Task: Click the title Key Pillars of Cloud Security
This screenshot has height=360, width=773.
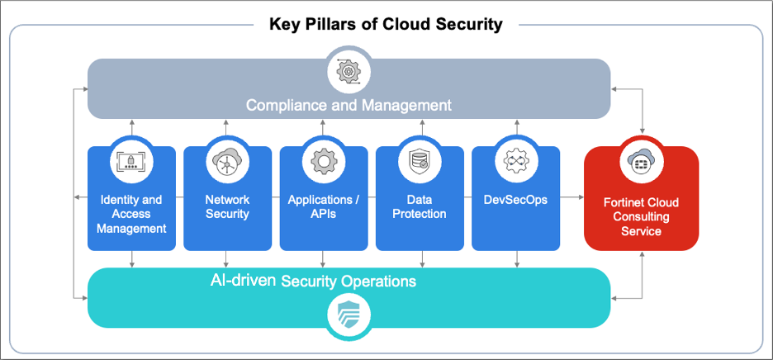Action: tap(386, 24)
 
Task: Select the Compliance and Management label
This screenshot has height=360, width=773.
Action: tap(349, 105)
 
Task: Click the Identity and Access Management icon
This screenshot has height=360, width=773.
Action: tap(131, 161)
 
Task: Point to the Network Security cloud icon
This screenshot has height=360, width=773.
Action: tap(227, 161)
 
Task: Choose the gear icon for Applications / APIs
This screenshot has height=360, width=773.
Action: tap(323, 161)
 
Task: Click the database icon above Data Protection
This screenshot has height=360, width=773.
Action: tap(419, 161)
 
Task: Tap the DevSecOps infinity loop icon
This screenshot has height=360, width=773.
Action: tap(515, 161)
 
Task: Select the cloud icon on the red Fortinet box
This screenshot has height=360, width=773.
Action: tap(641, 161)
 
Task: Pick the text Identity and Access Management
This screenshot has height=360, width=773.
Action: tap(131, 214)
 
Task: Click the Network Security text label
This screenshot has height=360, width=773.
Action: tap(227, 206)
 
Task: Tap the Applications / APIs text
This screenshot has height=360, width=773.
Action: tap(323, 206)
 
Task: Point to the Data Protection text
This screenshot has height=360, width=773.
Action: tap(419, 206)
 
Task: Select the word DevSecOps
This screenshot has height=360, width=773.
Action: tap(515, 200)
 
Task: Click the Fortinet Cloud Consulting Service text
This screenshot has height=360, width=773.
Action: tap(641, 217)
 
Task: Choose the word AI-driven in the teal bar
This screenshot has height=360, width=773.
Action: tap(244, 280)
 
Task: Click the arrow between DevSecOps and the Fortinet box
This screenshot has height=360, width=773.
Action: tap(571, 198)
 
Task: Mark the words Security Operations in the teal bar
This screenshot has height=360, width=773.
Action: tap(349, 282)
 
